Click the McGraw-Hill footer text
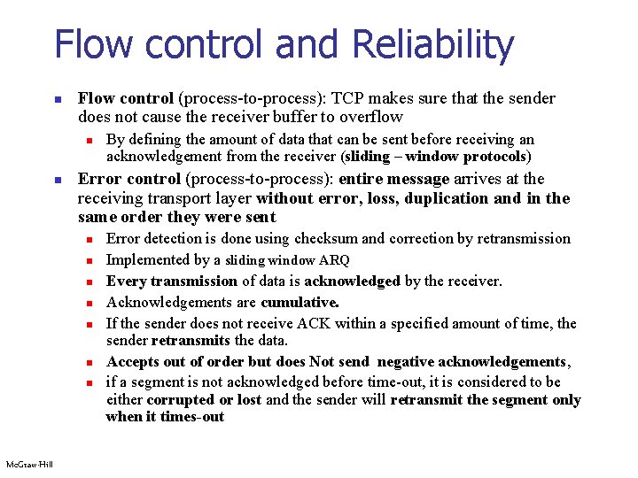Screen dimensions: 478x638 point(28,465)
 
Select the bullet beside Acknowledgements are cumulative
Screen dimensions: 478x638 point(89,303)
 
